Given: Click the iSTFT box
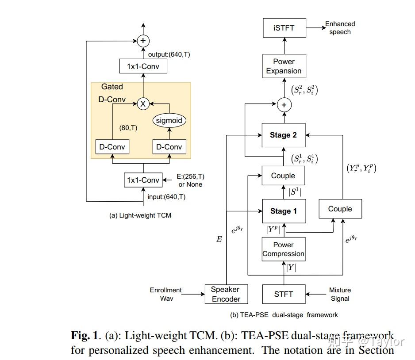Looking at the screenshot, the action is pyautogui.click(x=284, y=28).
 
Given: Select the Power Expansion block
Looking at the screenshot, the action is pyautogui.click(x=284, y=66).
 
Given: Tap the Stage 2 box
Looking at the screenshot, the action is pyautogui.click(x=284, y=135).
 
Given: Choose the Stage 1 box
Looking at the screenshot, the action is pyautogui.click(x=284, y=211).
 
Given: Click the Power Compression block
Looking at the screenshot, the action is pyautogui.click(x=284, y=249).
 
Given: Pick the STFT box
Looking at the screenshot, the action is pyautogui.click(x=284, y=294).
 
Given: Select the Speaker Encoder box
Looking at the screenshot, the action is pyautogui.click(x=226, y=294).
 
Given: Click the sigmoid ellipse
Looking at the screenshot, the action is pyautogui.click(x=169, y=120).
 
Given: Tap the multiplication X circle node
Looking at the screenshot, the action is pyautogui.click(x=143, y=103).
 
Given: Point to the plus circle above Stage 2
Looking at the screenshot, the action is pyautogui.click(x=284, y=105).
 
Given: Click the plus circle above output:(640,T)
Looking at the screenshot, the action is pyautogui.click(x=143, y=41).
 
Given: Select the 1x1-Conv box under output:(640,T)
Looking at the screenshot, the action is pyautogui.click(x=143, y=66).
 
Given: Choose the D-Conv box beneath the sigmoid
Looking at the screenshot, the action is pyautogui.click(x=169, y=147).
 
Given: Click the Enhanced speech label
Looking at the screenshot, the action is pyautogui.click(x=340, y=28).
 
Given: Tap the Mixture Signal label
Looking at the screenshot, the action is pyautogui.click(x=340, y=294).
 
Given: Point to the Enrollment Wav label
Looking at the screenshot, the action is pyautogui.click(x=165, y=294).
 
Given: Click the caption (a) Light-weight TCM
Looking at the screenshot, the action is pyautogui.click(x=140, y=215).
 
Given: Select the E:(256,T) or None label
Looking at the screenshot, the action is pyautogui.click(x=190, y=180).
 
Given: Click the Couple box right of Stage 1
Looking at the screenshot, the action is pyautogui.click(x=340, y=209).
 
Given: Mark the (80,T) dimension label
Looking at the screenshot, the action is pyautogui.click(x=128, y=128).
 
